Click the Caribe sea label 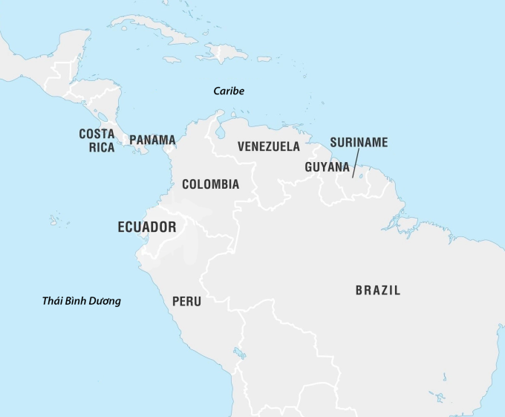pos(229,91)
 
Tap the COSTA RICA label pos(97,140)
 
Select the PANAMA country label pos(152,140)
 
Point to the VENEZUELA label pos(269,146)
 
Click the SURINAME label pos(359,142)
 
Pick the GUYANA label pos(327,167)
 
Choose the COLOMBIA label pos(210,184)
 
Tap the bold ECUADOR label pos(147,227)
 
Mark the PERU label pos(186,302)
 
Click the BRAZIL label pos(377,291)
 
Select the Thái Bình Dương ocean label pos(82,301)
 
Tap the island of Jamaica pos(172,59)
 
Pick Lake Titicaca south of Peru pos(239,353)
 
